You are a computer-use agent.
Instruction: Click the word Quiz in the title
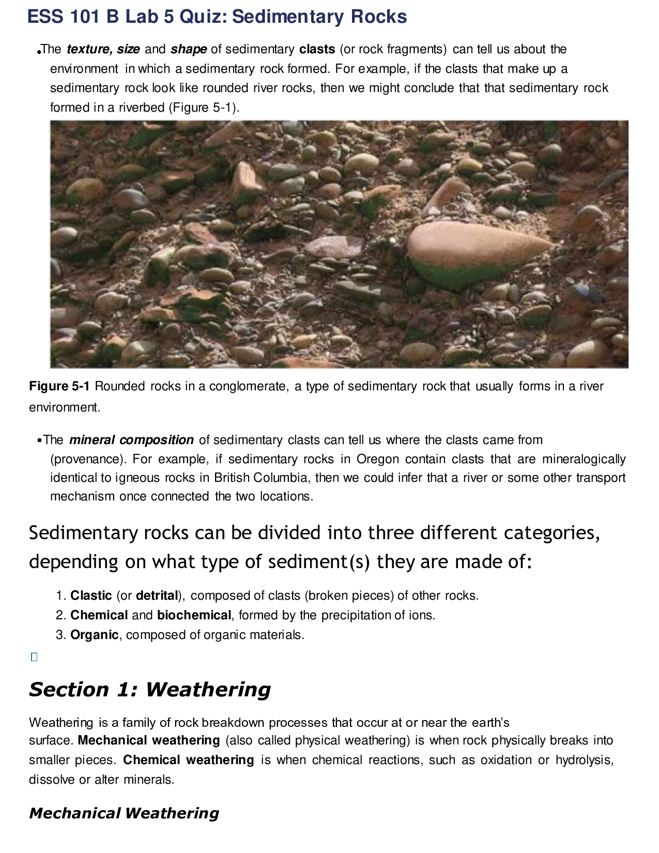click(x=203, y=17)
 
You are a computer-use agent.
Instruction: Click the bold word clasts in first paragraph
click(x=317, y=50)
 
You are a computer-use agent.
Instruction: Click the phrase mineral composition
click(x=131, y=440)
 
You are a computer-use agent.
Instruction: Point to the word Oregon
click(x=378, y=460)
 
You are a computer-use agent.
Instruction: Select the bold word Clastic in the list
click(x=91, y=596)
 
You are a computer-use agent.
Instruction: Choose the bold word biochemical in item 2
click(x=194, y=616)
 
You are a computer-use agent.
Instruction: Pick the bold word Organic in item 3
click(x=94, y=635)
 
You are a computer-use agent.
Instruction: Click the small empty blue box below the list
click(x=34, y=658)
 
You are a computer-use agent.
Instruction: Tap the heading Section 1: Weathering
click(x=150, y=690)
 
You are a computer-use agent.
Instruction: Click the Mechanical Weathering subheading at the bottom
click(x=124, y=814)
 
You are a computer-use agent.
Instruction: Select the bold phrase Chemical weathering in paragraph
click(x=188, y=760)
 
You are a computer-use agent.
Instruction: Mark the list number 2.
click(x=60, y=616)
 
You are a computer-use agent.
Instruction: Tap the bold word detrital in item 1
click(x=157, y=596)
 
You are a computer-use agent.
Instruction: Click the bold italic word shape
click(x=189, y=50)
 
